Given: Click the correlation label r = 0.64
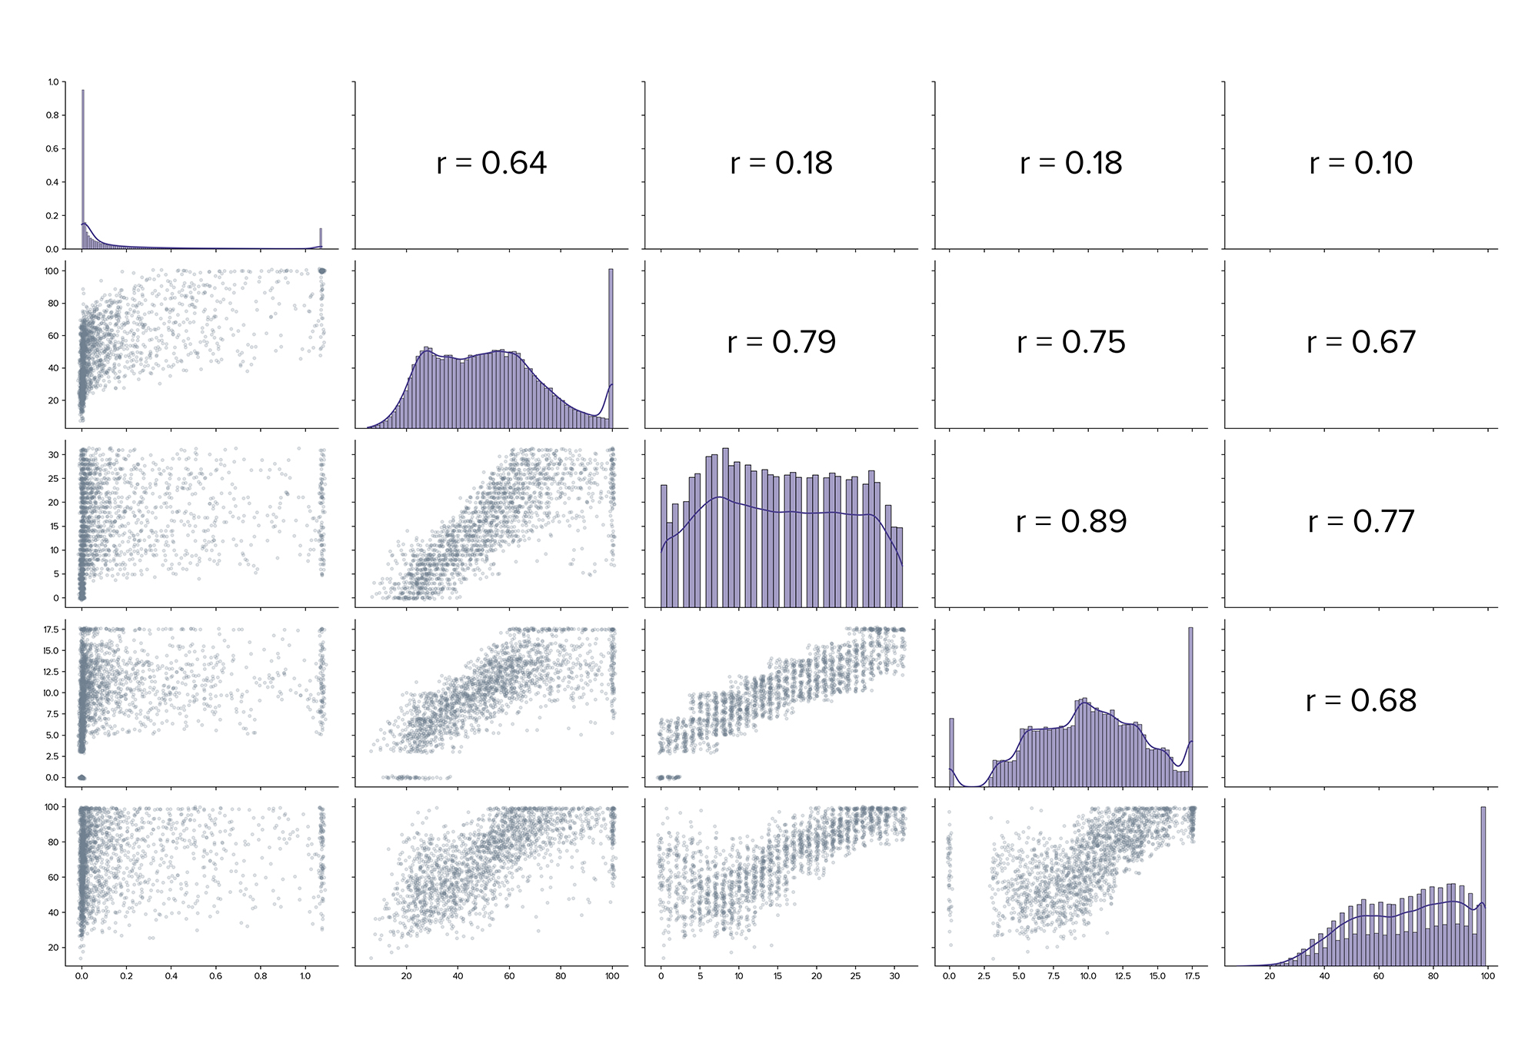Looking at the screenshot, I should pyautogui.click(x=491, y=163).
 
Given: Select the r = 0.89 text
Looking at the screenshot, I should pyautogui.click(x=1071, y=522).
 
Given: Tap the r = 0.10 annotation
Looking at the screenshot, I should pyautogui.click(x=1361, y=163).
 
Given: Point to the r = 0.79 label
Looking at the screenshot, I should pyautogui.click(x=781, y=342).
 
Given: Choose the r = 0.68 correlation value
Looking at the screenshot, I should pyautogui.click(x=1361, y=701).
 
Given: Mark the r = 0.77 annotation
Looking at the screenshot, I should pyautogui.click(x=1361, y=522).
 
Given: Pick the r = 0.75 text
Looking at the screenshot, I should pyautogui.click(x=1071, y=342).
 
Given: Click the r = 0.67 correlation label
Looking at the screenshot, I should pyautogui.click(x=1361, y=342).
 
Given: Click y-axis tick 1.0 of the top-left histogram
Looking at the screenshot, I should pyautogui.click(x=53, y=82).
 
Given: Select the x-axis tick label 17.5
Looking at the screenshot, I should pyautogui.click(x=1192, y=976).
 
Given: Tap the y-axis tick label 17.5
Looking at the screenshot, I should pyautogui.click(x=52, y=629).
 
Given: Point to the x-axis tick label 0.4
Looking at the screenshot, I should pyautogui.click(x=171, y=976).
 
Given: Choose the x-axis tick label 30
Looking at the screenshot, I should pyautogui.click(x=894, y=976).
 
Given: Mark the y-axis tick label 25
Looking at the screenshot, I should pyautogui.click(x=54, y=479).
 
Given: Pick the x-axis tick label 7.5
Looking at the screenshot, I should pyautogui.click(x=1054, y=976).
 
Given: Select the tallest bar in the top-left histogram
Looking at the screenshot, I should pyautogui.click(x=83, y=169).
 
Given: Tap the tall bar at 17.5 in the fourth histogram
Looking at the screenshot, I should pyautogui.click(x=1190, y=707).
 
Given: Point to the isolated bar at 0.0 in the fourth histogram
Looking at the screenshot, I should pyautogui.click(x=951, y=753).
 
